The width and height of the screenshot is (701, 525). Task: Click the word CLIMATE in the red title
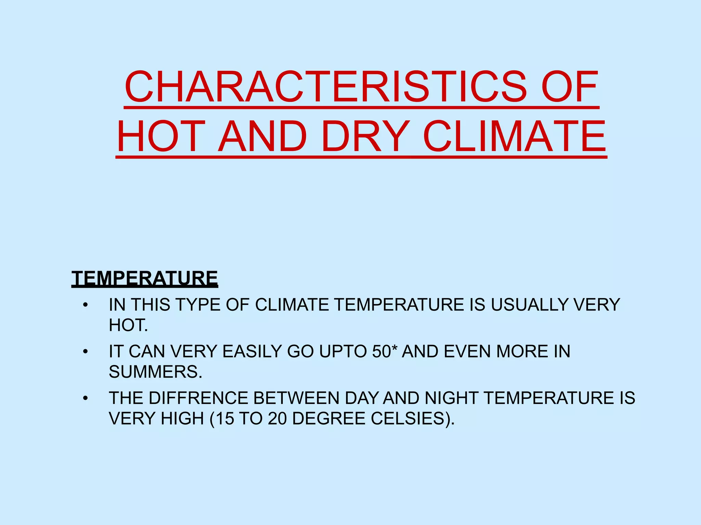point(514,137)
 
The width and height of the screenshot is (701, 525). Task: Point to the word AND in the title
point(263,137)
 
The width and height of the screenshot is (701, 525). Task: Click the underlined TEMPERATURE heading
point(144,278)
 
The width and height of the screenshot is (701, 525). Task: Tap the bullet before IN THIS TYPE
point(86,305)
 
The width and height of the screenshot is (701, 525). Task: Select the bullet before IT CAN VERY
point(86,352)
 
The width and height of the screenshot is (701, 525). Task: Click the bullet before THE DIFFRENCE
point(86,398)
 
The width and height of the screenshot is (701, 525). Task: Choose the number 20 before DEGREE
point(277,418)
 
